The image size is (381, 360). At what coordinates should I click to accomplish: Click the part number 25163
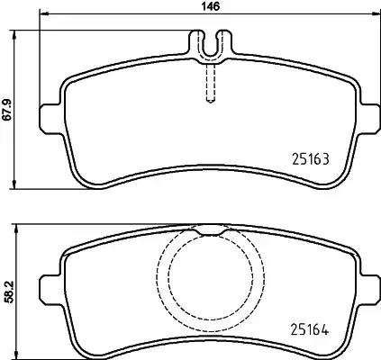tap(309, 159)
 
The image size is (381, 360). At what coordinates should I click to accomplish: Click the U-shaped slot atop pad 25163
tap(209, 43)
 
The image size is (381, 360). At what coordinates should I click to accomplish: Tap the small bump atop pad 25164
tap(209, 228)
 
